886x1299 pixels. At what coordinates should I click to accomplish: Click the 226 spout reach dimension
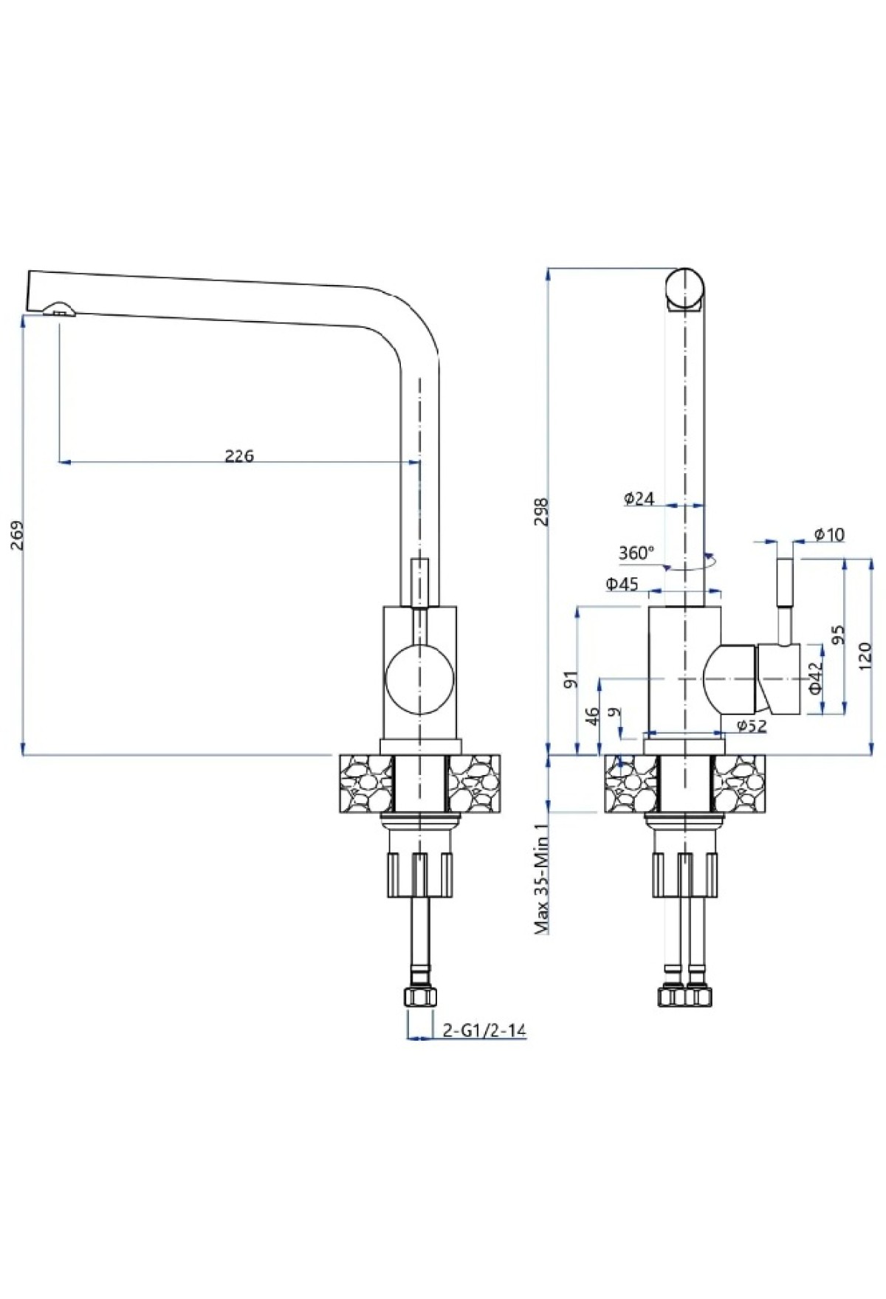[x=239, y=455]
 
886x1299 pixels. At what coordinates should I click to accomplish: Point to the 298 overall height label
[x=541, y=511]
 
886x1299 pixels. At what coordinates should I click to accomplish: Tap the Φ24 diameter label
[x=639, y=499]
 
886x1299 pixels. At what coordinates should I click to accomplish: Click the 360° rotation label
[x=636, y=553]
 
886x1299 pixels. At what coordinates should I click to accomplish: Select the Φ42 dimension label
[x=814, y=677]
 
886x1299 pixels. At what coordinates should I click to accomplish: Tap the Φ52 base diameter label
[x=752, y=726]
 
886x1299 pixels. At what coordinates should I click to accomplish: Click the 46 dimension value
[x=591, y=715]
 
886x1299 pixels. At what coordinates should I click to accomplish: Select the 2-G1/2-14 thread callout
[x=483, y=1030]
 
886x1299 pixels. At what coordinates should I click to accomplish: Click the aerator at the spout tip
[x=58, y=309]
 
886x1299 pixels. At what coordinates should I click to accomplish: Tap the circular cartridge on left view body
[x=419, y=677]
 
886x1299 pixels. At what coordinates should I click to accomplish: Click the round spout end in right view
[x=685, y=287]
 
